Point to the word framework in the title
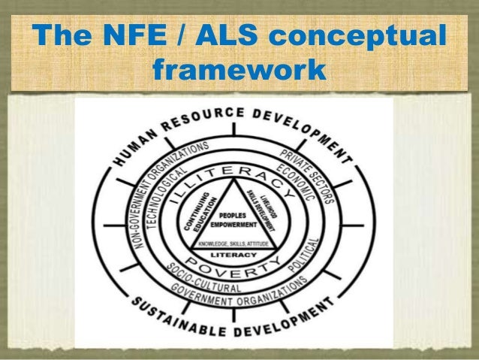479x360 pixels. coord(239,71)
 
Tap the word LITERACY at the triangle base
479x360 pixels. coord(237,253)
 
